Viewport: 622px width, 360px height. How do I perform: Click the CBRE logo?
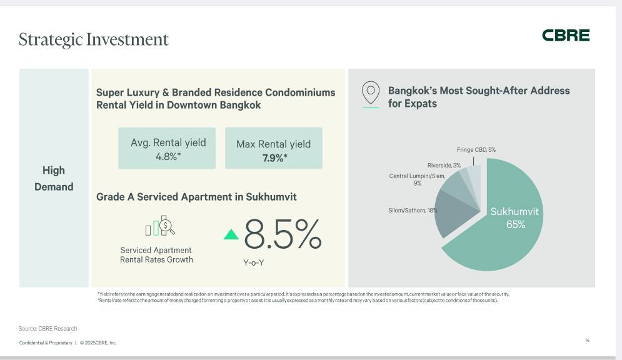(x=565, y=36)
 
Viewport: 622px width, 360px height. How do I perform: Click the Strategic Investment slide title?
(x=94, y=39)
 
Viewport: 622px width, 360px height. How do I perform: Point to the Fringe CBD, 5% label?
(x=476, y=150)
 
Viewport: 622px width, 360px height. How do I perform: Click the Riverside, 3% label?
(x=444, y=165)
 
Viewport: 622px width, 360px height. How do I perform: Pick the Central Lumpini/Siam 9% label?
(x=417, y=179)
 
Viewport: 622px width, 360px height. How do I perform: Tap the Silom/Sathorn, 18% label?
(x=413, y=211)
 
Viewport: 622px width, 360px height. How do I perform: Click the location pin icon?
(x=371, y=93)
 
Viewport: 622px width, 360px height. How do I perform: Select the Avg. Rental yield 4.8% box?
(x=167, y=149)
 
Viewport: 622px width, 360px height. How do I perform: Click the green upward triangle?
(x=231, y=234)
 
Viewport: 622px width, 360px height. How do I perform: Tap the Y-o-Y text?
(x=254, y=263)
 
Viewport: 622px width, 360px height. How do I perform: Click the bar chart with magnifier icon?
(x=160, y=226)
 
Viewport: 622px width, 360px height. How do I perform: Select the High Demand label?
(x=54, y=179)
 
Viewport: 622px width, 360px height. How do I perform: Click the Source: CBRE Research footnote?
(x=48, y=328)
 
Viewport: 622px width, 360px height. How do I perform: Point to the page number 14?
(x=587, y=341)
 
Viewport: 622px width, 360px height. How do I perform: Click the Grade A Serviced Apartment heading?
(x=196, y=197)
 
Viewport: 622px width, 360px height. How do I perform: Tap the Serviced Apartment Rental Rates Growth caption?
(x=156, y=255)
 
